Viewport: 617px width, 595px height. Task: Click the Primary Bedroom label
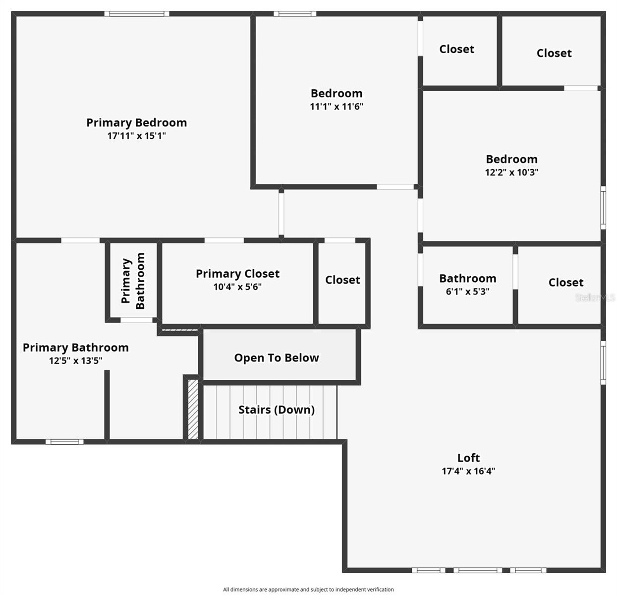(x=136, y=122)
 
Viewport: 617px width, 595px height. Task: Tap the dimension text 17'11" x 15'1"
(x=136, y=136)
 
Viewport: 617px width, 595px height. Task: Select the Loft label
(x=468, y=458)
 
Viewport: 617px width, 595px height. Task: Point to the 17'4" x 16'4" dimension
(x=468, y=471)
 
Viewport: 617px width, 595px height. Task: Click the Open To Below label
(x=277, y=357)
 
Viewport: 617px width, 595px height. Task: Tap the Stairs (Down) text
(x=277, y=410)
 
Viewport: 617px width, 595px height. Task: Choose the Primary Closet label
(x=237, y=274)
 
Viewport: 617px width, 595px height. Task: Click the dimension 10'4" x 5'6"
(x=237, y=287)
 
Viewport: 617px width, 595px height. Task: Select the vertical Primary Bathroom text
(x=133, y=281)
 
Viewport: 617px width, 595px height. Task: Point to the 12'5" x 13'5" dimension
(x=75, y=360)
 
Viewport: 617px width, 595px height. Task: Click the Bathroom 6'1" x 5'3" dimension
(x=467, y=292)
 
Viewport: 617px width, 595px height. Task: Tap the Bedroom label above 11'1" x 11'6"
(x=337, y=93)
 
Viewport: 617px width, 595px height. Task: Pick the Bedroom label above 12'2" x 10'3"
(x=511, y=159)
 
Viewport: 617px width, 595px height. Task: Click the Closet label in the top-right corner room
(x=554, y=53)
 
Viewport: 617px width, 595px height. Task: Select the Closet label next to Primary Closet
(x=342, y=280)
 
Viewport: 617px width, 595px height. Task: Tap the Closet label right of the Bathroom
(x=566, y=282)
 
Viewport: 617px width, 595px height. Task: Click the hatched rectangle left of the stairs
(x=193, y=409)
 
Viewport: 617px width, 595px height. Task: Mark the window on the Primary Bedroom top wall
(x=137, y=14)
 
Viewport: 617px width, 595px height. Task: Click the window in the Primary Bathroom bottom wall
(x=64, y=441)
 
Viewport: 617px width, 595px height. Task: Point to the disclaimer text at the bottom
(x=308, y=590)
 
